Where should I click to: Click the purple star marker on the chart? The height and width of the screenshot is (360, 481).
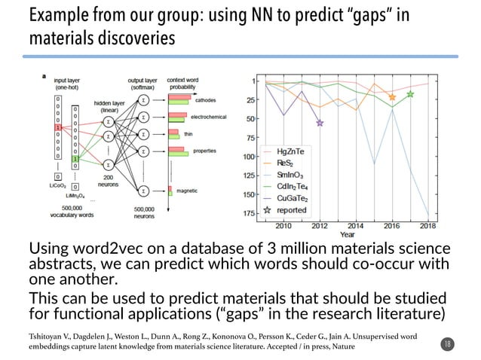tap(320, 122)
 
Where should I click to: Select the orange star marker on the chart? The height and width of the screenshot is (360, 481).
tap(392, 97)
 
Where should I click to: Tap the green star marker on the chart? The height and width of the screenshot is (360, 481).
tap(410, 94)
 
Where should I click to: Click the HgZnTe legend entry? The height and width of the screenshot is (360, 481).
tap(291, 151)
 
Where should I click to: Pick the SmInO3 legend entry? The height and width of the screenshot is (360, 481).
tap(290, 174)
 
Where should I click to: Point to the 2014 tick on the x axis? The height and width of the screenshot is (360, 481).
tap(356, 225)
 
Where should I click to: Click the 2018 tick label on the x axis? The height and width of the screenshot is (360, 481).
tap(427, 225)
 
